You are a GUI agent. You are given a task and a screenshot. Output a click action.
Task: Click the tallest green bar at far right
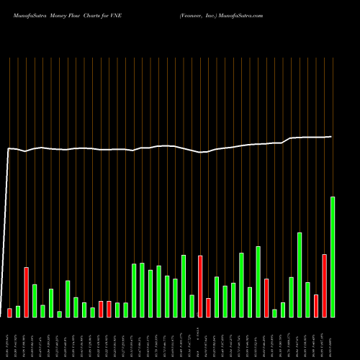[x=333, y=256]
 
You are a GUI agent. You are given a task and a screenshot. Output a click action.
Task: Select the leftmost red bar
[x=9, y=312]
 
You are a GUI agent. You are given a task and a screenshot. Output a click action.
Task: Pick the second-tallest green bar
[x=300, y=274]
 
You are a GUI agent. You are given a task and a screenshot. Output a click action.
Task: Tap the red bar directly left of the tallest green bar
[x=324, y=285]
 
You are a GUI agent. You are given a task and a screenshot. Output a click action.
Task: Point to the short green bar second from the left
[x=18, y=311]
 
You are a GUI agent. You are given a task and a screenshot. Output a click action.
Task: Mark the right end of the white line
[x=332, y=137]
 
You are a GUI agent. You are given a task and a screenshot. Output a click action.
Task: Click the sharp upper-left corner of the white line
[x=8, y=149]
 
